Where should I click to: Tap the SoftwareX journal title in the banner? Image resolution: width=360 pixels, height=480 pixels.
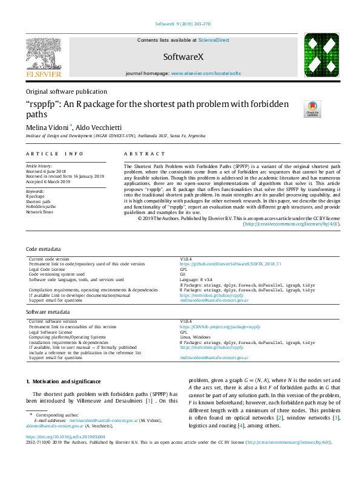(180, 57)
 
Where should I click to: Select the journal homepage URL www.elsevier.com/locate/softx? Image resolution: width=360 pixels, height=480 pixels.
(206, 73)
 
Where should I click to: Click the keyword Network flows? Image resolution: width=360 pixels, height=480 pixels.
(41, 212)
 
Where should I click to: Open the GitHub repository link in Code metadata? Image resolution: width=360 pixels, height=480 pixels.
(231, 264)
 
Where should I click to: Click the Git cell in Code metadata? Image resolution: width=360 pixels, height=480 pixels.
(183, 274)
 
